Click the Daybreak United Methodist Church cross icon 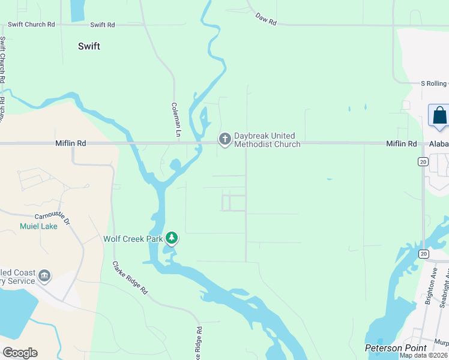pos(224,139)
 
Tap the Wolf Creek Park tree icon pos(172,238)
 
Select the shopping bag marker pos(439,115)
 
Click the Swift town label pos(89,46)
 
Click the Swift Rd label pos(102,25)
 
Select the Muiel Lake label pos(39,226)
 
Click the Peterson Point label pos(396,348)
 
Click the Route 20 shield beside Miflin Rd pos(423,162)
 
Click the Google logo pos(20,353)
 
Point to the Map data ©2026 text pos(424,355)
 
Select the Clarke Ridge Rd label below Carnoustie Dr pos(130,277)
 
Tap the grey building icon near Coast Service pos(43,275)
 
